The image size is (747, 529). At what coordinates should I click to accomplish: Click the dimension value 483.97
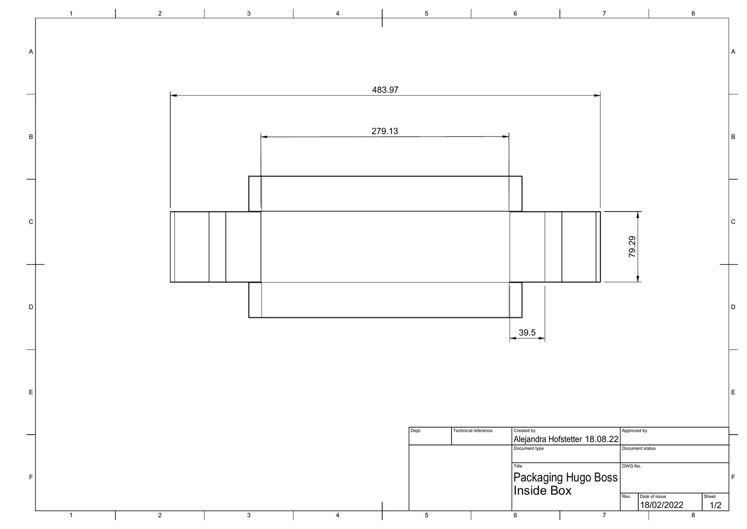click(x=385, y=90)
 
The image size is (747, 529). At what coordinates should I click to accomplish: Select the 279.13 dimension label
click(x=385, y=131)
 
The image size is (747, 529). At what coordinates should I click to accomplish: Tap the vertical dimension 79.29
click(x=632, y=247)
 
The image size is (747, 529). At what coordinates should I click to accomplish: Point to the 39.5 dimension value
click(x=527, y=332)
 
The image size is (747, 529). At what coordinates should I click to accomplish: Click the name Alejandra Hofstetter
click(x=548, y=439)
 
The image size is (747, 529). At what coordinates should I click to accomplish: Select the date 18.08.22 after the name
click(x=602, y=439)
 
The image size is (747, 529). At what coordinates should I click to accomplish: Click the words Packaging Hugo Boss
click(x=565, y=478)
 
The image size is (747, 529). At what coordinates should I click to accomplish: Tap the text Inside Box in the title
click(x=542, y=491)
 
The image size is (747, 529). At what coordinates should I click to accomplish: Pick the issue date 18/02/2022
click(x=662, y=505)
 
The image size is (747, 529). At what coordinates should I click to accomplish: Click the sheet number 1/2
click(x=715, y=505)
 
